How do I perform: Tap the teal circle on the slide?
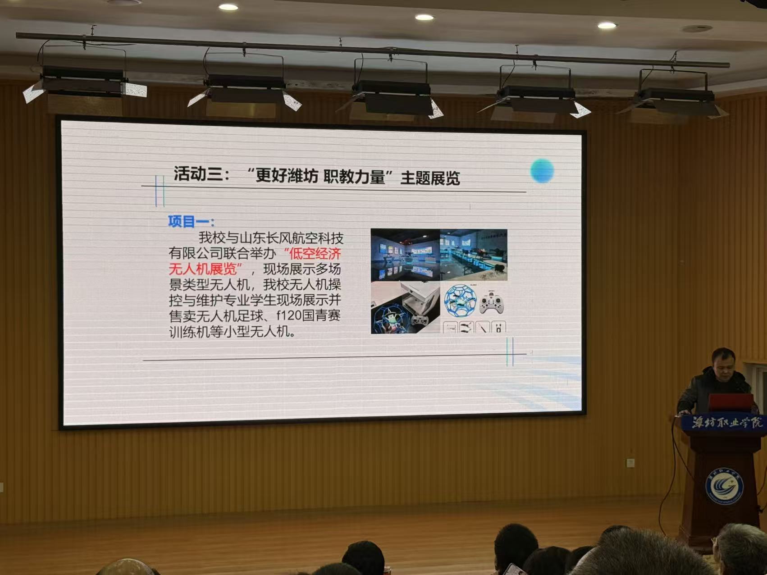tap(542, 171)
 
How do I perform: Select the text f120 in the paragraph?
tap(289, 315)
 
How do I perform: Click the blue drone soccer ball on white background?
tap(460, 301)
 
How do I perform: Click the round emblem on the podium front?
tap(724, 486)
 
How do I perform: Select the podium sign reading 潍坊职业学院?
tap(727, 422)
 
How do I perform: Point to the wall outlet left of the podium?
tap(630, 462)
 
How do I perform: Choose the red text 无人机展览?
tap(202, 269)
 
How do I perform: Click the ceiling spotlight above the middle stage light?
tap(424, 18)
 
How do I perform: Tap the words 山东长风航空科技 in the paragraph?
tap(291, 237)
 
